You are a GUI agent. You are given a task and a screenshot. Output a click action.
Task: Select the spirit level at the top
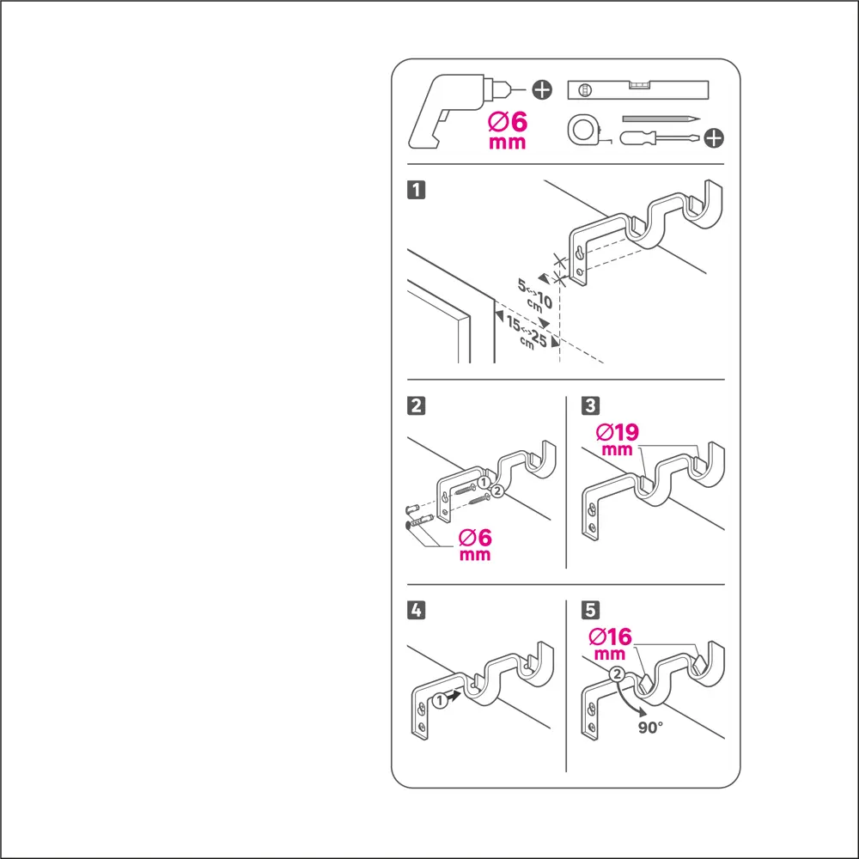637,90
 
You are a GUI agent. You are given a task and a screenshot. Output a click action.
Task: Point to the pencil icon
661,119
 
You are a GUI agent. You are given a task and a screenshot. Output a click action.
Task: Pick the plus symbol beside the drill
542,89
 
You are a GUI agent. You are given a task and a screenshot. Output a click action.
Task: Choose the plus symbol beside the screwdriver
713,138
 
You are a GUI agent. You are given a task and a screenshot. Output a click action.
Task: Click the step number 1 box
417,190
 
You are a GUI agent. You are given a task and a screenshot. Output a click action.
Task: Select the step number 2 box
417,406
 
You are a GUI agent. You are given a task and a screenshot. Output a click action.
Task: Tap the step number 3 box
591,405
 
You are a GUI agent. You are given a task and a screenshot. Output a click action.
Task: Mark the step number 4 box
417,610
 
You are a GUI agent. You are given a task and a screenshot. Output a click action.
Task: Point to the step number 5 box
591,610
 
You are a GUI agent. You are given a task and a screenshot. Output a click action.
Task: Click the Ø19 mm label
618,439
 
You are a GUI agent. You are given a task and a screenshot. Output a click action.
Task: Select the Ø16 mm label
610,643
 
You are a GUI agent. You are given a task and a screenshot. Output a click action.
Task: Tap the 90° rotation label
650,728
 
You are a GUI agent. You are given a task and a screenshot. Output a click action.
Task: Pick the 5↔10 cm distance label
534,295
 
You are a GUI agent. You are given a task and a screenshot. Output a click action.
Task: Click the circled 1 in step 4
439,700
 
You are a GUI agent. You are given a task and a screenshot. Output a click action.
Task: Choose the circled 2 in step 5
618,673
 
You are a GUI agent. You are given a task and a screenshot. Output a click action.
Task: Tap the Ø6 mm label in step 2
475,545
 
